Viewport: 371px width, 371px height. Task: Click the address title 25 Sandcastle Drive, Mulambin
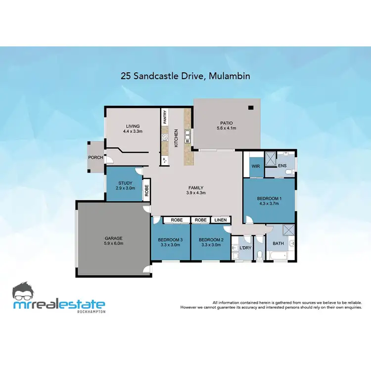coord(185,76)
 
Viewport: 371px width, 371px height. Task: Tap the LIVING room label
coord(133,126)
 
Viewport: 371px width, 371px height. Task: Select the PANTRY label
coord(165,117)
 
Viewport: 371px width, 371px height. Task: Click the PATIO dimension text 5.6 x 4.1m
coord(227,128)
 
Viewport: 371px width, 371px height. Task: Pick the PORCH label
coord(95,158)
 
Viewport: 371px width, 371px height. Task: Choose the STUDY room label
coord(125,183)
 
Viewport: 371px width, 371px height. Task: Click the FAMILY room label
coord(196,187)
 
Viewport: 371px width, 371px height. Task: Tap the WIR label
coord(256,166)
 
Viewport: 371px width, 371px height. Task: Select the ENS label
coord(282,166)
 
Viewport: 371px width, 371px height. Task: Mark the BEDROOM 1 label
coord(269,199)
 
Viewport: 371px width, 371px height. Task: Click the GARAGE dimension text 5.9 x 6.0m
coord(113,243)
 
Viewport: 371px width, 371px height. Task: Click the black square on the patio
coord(251,107)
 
